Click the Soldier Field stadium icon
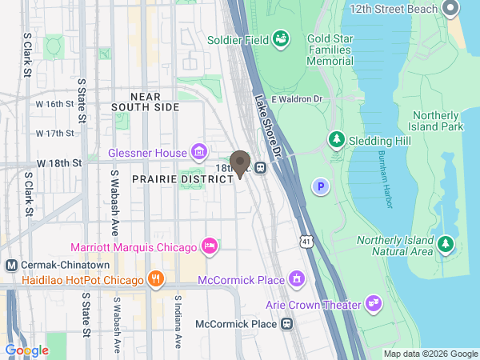[x=281, y=38]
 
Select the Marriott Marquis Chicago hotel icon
[x=210, y=246]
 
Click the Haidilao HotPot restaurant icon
[x=156, y=279]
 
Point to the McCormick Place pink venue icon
[x=298, y=279]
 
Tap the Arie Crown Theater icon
[x=373, y=302]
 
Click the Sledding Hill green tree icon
[x=337, y=141]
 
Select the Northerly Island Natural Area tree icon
[x=445, y=243]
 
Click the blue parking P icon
[x=321, y=186]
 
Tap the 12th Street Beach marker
[x=449, y=10]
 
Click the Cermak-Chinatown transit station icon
[x=11, y=266]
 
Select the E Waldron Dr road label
[x=296, y=99]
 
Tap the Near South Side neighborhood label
[x=146, y=101]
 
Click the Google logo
[x=26, y=350]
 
